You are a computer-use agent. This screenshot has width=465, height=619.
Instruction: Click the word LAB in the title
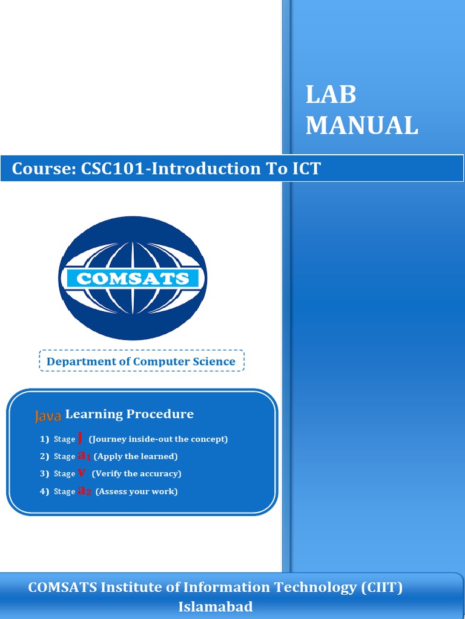pyautogui.click(x=331, y=96)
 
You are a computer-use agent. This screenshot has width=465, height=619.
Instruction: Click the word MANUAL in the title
pyautogui.click(x=361, y=126)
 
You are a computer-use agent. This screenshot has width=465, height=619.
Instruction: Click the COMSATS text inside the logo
pyautogui.click(x=133, y=279)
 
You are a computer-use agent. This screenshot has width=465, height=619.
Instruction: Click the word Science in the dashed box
pyautogui.click(x=212, y=361)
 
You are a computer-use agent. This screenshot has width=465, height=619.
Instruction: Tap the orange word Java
pyautogui.click(x=48, y=416)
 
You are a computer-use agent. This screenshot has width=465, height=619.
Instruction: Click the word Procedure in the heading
pyautogui.click(x=160, y=414)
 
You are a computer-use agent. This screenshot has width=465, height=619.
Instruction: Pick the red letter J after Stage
pyautogui.click(x=81, y=438)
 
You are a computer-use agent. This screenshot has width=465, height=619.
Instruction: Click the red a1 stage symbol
pyautogui.click(x=84, y=456)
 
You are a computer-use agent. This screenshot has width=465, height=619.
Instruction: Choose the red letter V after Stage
pyautogui.click(x=82, y=473)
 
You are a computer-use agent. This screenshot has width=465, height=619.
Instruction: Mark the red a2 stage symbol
pyautogui.click(x=85, y=491)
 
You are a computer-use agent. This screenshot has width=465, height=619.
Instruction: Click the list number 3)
pyautogui.click(x=44, y=474)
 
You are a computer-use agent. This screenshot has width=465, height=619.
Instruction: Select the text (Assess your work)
pyautogui.click(x=136, y=491)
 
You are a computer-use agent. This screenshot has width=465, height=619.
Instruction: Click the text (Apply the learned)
pyautogui.click(x=136, y=456)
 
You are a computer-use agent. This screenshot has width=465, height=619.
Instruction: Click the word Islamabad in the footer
pyautogui.click(x=216, y=607)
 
